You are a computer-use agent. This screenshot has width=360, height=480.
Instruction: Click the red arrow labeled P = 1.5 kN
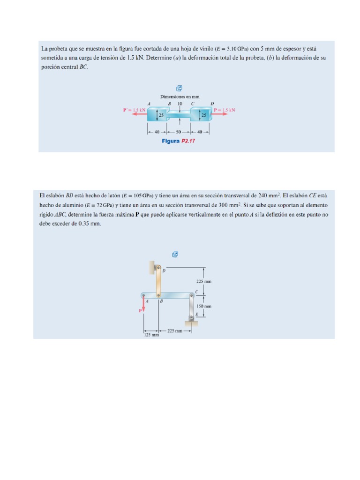tap(223, 114)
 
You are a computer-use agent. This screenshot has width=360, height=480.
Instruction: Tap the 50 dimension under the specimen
tap(178, 132)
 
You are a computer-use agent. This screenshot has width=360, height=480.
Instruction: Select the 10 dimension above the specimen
tap(180, 104)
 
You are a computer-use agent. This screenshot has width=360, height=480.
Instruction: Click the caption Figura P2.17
tap(178, 141)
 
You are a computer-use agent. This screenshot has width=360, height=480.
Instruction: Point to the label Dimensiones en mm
tap(180, 97)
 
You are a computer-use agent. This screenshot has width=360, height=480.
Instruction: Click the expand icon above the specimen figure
tap(179, 88)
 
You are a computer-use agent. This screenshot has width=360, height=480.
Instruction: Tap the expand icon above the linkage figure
tap(175, 255)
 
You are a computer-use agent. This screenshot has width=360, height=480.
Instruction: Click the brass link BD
tap(159, 281)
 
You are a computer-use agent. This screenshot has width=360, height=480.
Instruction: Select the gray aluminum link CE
tap(192, 307)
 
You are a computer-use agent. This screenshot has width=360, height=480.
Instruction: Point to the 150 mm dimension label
tap(203, 306)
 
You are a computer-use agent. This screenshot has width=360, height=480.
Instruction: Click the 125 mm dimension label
tap(150, 335)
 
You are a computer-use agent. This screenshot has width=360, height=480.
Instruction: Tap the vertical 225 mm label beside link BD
tap(203, 282)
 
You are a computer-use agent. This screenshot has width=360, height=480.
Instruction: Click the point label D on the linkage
tap(164, 270)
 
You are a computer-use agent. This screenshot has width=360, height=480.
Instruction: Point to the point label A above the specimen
tap(149, 104)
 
